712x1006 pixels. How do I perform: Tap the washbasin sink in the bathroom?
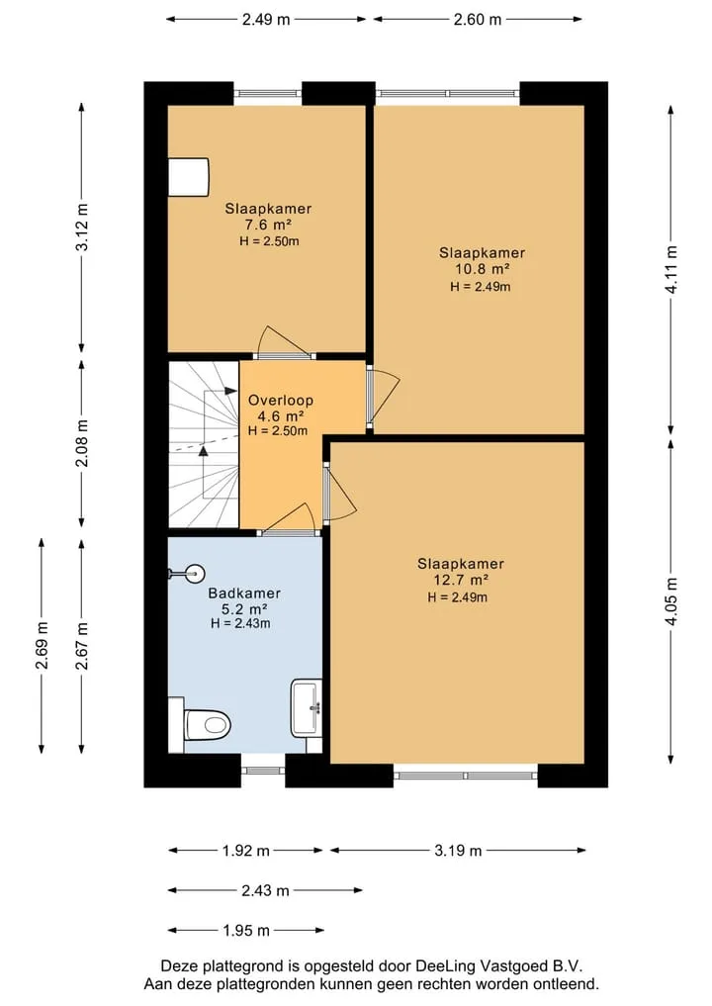(307, 707)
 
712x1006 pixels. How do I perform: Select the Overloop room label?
(281, 401)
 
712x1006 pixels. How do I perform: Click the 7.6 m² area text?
(268, 225)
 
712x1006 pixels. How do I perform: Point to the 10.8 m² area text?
(483, 269)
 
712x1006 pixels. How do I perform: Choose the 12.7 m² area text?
(461, 580)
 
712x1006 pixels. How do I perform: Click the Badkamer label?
(244, 594)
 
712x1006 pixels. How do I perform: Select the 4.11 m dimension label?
(670, 270)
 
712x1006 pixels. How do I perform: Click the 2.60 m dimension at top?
(478, 19)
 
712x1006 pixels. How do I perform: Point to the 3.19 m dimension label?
(458, 851)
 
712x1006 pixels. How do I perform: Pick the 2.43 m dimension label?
(266, 890)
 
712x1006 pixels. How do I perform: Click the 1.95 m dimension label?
(246, 930)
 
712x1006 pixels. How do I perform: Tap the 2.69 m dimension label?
(42, 645)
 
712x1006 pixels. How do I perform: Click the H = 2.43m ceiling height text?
(240, 623)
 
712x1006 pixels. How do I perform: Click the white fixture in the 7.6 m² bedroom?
(189, 177)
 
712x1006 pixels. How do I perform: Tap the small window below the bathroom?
(263, 770)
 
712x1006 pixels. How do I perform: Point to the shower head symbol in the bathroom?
(187, 573)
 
